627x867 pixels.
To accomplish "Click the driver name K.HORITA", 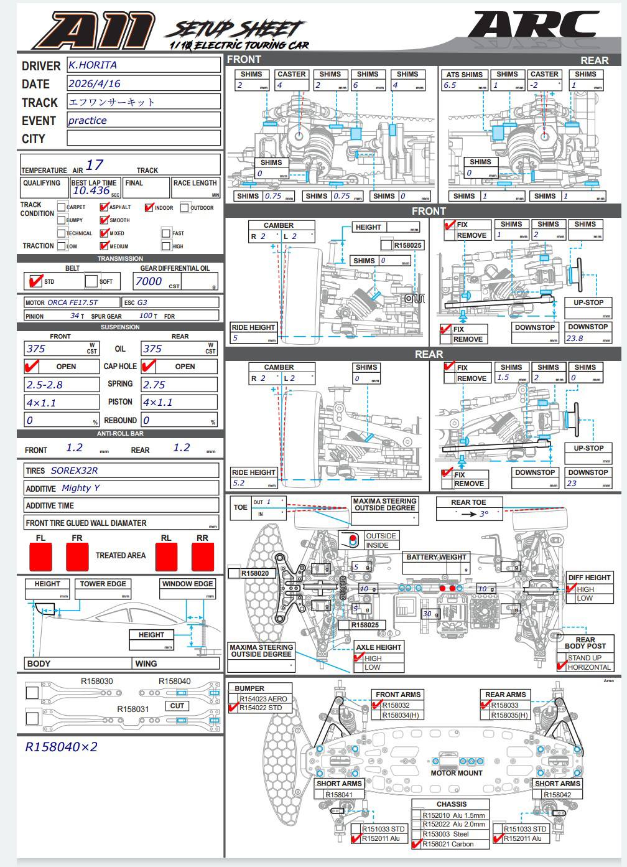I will click(92, 65).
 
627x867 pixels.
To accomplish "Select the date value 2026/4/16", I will click(94, 83).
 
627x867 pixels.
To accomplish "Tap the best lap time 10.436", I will click(91, 191).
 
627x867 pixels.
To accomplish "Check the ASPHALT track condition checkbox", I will click(104, 207).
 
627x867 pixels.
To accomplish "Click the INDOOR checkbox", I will click(149, 207).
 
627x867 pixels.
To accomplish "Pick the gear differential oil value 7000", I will click(149, 281).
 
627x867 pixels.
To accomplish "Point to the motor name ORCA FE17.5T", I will click(73, 302).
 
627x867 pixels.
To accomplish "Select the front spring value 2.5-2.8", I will click(44, 385).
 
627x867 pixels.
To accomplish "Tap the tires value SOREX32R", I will click(74, 471).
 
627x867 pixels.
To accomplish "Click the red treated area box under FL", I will click(40, 557).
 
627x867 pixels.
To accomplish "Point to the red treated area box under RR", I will click(203, 557).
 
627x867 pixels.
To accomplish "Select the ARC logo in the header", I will click(534, 28).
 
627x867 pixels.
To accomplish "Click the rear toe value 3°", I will click(483, 514).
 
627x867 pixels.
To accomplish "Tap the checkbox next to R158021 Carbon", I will click(416, 844).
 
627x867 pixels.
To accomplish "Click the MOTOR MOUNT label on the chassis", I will click(457, 773).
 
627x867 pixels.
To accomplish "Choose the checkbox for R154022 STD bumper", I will click(234, 708).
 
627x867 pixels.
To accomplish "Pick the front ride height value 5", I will click(235, 338).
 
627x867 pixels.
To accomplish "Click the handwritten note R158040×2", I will click(61, 747).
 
